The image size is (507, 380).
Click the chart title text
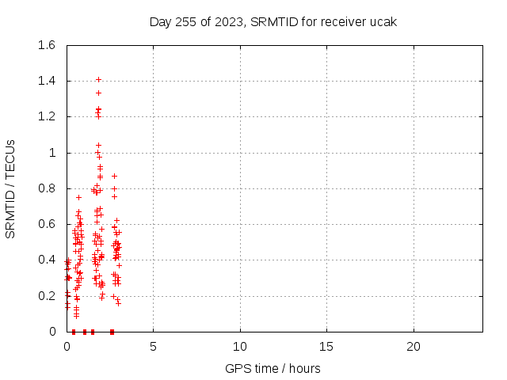(x=273, y=22)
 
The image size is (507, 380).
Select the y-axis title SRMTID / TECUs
(x=10, y=189)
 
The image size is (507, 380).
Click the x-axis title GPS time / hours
(x=273, y=368)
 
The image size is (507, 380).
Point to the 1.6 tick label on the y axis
(x=47, y=45)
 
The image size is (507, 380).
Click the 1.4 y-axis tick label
(x=47, y=81)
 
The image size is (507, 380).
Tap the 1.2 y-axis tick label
(x=47, y=116)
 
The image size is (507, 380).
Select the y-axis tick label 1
(x=52, y=153)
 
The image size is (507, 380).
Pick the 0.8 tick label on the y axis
(x=47, y=188)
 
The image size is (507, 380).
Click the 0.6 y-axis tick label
(x=47, y=224)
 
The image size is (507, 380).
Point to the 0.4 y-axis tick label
(x=47, y=260)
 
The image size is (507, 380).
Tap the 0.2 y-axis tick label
(x=47, y=296)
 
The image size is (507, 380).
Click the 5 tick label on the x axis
(x=153, y=347)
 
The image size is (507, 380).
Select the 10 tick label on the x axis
(x=240, y=347)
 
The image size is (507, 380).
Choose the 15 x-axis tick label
(x=326, y=347)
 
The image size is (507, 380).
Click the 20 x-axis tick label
(x=414, y=347)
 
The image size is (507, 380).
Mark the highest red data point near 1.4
(x=98, y=79)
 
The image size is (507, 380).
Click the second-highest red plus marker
(x=98, y=93)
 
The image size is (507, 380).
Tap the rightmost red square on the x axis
(x=112, y=332)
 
